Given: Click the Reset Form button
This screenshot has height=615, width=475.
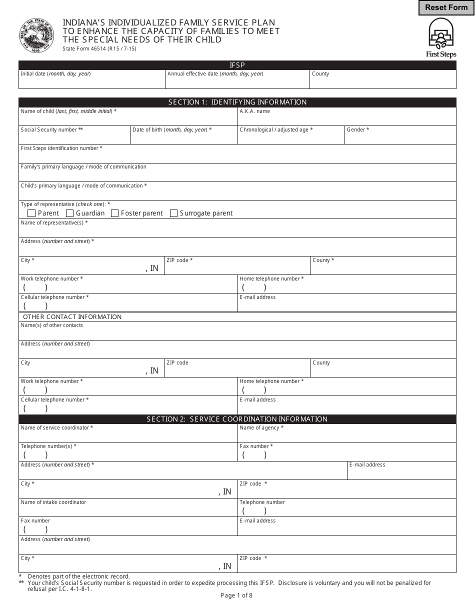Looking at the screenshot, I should coord(446,7).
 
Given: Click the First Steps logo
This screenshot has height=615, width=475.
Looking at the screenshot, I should coord(440,37).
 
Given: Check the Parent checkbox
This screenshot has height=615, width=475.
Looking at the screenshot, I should coord(31,213).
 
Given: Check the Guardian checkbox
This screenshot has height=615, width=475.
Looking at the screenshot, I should coord(70,213).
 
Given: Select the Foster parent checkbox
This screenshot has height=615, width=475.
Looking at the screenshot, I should coord(115,213).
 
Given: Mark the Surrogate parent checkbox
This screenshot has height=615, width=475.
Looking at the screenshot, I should coord(174,213).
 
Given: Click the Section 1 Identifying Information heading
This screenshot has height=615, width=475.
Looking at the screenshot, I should coord(237,102).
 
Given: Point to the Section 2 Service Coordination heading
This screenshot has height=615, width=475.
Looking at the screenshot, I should coord(237,419).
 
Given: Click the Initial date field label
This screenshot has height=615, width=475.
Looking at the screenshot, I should coord(55,74).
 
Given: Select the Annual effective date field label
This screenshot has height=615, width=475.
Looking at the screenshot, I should coord(215,74).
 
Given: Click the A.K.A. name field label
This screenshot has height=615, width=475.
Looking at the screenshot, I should coord(254,111).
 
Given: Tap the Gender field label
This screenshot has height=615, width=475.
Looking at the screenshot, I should coord(357,130).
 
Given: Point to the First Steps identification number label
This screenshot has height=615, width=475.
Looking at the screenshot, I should coord(61,148).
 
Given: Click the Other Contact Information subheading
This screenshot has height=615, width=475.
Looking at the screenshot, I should coord(72,317).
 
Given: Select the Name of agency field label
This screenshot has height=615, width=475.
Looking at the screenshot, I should coord(261,428).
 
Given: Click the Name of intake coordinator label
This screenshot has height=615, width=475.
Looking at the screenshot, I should coord(53,502).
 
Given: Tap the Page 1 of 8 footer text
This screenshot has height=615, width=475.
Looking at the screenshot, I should coord(236,595).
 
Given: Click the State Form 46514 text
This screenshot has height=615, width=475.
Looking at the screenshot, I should coord(99,48).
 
